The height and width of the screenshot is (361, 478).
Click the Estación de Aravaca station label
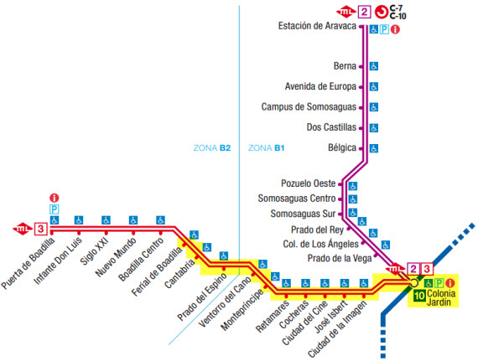[x=317, y=26]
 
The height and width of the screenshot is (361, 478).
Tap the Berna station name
[x=345, y=66]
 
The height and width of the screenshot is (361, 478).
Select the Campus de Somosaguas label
[x=309, y=107]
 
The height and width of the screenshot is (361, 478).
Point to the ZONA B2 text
[x=212, y=148]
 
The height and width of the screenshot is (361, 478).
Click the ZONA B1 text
[x=266, y=148]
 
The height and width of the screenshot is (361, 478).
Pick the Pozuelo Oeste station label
[x=309, y=183]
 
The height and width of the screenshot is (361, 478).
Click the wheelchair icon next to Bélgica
[x=374, y=148]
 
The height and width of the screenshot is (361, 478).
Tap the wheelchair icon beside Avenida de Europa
[x=374, y=87]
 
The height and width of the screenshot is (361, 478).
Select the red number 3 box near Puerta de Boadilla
[x=41, y=229]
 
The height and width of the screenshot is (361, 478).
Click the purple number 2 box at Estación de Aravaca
[x=364, y=13]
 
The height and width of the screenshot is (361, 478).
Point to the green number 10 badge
[x=419, y=296]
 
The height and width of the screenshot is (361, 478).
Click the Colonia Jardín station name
[x=441, y=297]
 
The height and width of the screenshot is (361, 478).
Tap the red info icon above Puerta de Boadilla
[x=55, y=199]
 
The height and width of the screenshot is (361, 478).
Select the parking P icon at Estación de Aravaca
[x=384, y=29]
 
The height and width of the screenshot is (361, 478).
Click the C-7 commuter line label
[x=397, y=8]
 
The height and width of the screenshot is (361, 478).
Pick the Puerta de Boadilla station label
[x=28, y=263]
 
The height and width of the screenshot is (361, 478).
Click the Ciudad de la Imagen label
[x=337, y=329]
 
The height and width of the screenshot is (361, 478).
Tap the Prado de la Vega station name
[x=340, y=259]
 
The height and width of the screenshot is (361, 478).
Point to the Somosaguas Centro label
[x=297, y=199]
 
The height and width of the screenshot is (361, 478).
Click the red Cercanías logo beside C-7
[x=381, y=13]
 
